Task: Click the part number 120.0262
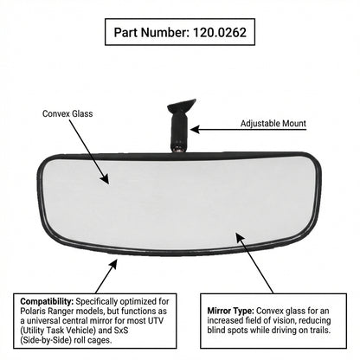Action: pyautogui.click(x=220, y=32)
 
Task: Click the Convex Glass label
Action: pyautogui.click(x=67, y=113)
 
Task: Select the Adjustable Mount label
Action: pyautogui.click(x=273, y=124)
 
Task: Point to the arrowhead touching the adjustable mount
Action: pyautogui.click(x=195, y=130)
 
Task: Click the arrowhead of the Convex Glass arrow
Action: pyautogui.click(x=106, y=179)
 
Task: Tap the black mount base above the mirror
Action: pyautogui.click(x=181, y=106)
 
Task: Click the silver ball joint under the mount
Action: pyautogui.click(x=179, y=149)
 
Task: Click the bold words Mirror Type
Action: pyautogui.click(x=231, y=311)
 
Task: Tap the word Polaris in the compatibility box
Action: pyautogui.click(x=32, y=312)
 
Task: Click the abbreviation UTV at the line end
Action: pyautogui.click(x=156, y=320)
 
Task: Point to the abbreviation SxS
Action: pyautogui.click(x=120, y=330)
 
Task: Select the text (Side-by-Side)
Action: pyautogui.click(x=46, y=340)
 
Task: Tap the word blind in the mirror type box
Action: pyautogui.click(x=216, y=330)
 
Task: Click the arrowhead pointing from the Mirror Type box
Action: pyautogui.click(x=240, y=237)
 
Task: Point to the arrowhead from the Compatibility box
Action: pyautogui.click(x=113, y=264)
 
